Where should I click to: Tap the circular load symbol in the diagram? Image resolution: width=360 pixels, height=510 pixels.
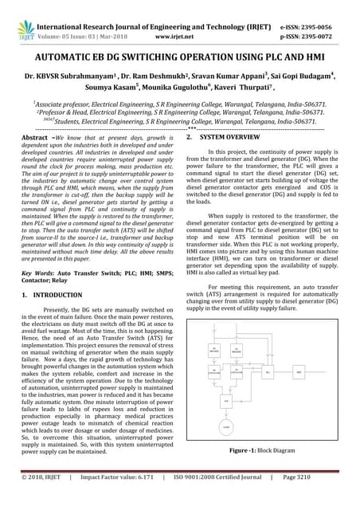pyautogui.click(x=225, y=429)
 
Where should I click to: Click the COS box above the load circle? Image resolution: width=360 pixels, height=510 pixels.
pyautogui.click(x=225, y=401)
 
